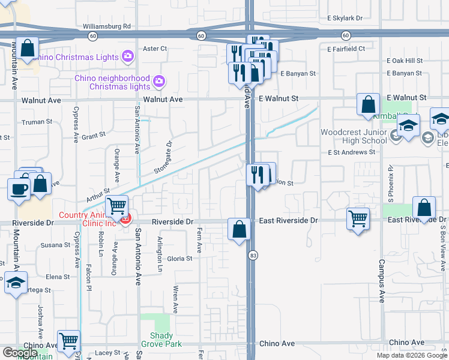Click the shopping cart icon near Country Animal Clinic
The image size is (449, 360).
click(x=116, y=206)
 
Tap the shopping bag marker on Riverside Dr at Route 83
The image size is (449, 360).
click(x=239, y=229)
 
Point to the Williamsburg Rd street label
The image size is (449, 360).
click(x=107, y=26)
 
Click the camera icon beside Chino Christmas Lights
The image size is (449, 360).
click(x=127, y=57)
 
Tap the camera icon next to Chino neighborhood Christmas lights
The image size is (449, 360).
click(x=158, y=80)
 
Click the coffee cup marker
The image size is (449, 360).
click(x=19, y=188)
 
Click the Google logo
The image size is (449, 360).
click(x=20, y=353)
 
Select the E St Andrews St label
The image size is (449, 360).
click(x=351, y=152)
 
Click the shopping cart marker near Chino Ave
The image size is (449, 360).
click(x=69, y=341)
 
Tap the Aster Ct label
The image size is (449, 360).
click(x=154, y=49)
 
